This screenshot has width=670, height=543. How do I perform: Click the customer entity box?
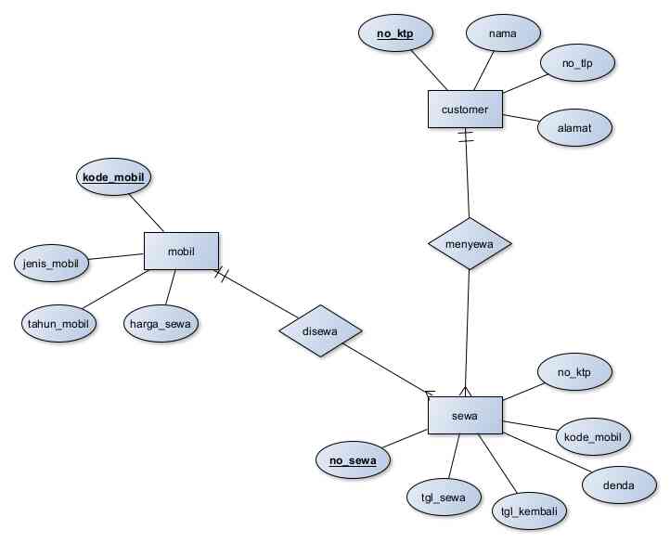click(464, 110)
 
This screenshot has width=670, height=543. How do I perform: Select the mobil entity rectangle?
click(181, 251)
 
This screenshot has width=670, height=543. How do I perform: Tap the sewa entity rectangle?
click(465, 416)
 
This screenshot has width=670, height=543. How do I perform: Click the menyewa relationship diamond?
click(470, 243)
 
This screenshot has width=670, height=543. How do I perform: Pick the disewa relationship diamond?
click(320, 330)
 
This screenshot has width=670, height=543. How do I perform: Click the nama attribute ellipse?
click(504, 34)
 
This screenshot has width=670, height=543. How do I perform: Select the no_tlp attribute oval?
click(577, 64)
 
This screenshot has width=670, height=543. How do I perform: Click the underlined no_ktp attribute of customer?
click(393, 35)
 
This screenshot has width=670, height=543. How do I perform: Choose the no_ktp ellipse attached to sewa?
click(575, 373)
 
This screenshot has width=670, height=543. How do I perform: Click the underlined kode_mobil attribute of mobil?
click(113, 176)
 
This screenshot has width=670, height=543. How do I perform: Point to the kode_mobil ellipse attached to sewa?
click(592, 435)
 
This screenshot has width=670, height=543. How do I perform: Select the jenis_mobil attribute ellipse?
click(52, 263)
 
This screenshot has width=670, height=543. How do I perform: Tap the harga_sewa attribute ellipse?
click(161, 323)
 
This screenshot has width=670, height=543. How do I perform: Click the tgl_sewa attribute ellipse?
click(444, 497)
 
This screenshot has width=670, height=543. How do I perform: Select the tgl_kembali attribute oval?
click(528, 511)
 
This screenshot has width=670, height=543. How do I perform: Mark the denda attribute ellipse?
click(618, 485)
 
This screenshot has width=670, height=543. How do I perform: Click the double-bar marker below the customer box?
click(465, 137)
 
